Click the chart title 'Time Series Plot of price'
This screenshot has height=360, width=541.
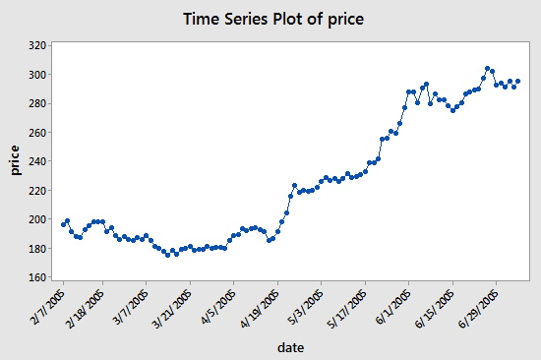coord(270,19)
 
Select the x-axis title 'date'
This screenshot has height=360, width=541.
coord(289,346)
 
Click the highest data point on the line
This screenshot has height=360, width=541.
coord(487,69)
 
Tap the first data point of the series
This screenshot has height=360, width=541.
coord(63,224)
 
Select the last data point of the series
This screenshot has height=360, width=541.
coord(518,82)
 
